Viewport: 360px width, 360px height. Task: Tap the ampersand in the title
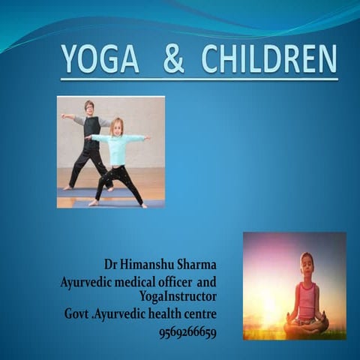173,59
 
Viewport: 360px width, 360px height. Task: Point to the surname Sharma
196,266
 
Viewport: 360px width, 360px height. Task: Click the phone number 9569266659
187,332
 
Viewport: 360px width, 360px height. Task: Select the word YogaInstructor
178,298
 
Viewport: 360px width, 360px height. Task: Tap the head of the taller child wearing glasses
89,106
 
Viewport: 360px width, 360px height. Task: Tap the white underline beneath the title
199,79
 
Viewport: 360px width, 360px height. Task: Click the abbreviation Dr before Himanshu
111,266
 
